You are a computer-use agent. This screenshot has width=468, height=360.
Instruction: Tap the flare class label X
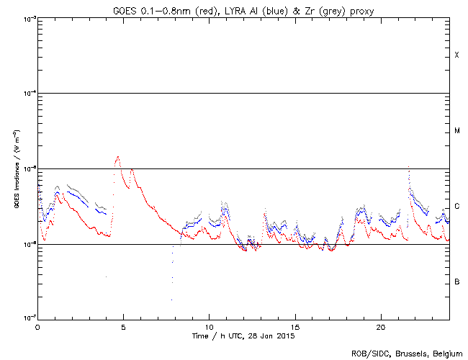pyautogui.click(x=456, y=55)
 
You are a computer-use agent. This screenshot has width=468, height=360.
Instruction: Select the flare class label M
pyautogui.click(x=456, y=131)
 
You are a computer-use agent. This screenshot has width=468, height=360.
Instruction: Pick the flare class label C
pyautogui.click(x=456, y=207)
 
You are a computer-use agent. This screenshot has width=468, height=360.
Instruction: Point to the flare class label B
pyautogui.click(x=456, y=282)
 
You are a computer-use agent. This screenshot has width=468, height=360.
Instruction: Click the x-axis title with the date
pyautogui.click(x=243, y=336)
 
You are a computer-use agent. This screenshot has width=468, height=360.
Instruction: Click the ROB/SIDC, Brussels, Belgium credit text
pyautogui.click(x=407, y=353)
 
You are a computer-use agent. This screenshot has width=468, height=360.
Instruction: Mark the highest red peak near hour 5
pyautogui.click(x=117, y=156)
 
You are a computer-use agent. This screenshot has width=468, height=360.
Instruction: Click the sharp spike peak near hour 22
pyautogui.click(x=408, y=166)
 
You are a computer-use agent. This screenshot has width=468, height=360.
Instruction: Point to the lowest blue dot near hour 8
pyautogui.click(x=171, y=300)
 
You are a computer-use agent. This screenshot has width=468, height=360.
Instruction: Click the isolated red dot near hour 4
pyautogui.click(x=106, y=276)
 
